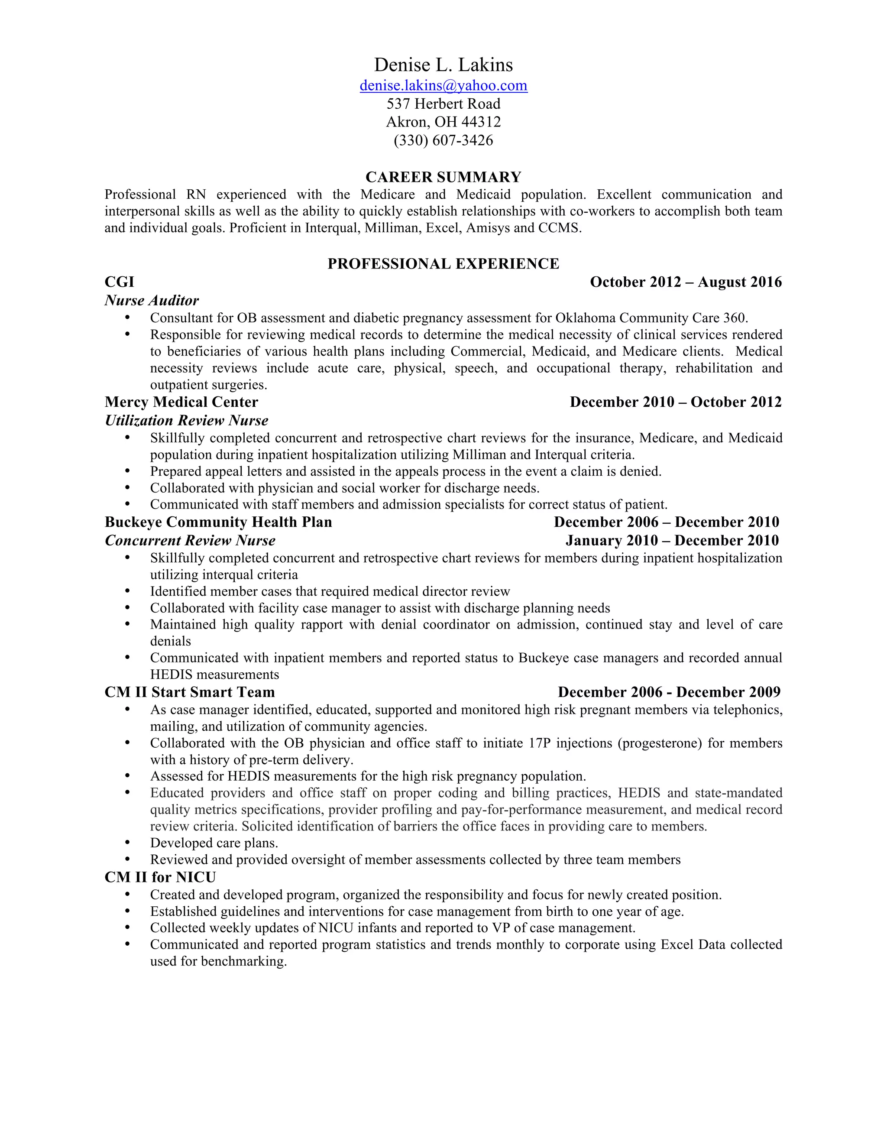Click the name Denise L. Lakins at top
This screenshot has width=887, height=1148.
pyautogui.click(x=443, y=65)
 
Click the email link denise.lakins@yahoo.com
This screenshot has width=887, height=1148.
pyautogui.click(x=443, y=86)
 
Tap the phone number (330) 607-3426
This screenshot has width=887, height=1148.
pyautogui.click(x=443, y=140)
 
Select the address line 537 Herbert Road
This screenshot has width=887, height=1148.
pyautogui.click(x=443, y=104)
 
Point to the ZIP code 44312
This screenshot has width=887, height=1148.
pyautogui.click(x=481, y=122)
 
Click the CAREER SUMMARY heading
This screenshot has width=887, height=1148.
pyautogui.click(x=443, y=177)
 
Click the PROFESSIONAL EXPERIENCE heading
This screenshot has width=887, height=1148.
pyautogui.click(x=443, y=263)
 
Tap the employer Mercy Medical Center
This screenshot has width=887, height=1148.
pyautogui.click(x=181, y=402)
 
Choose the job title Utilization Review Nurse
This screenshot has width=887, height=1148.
pyautogui.click(x=187, y=421)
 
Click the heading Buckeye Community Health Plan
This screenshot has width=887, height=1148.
pyautogui.click(x=218, y=522)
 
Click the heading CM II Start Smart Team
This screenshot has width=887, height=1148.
pyautogui.click(x=190, y=692)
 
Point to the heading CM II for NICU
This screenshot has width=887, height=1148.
pyautogui.click(x=160, y=877)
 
